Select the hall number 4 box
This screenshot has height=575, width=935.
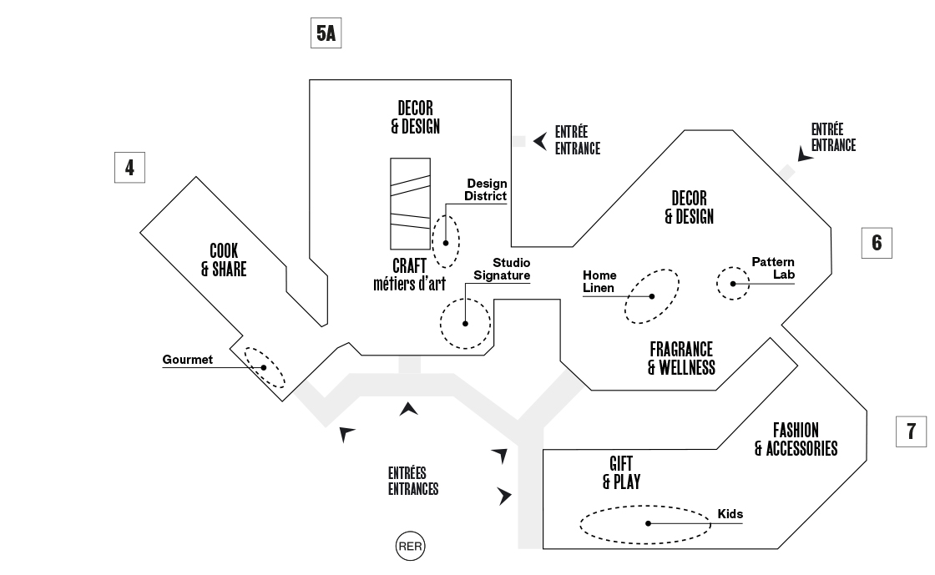[x=129, y=167]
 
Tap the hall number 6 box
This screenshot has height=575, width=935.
[x=877, y=243]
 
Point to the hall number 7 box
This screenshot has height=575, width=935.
[x=911, y=431]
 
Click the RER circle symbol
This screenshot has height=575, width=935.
[x=410, y=547]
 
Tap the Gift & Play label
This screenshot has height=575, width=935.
[x=621, y=472]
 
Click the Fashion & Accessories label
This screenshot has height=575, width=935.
[x=796, y=440]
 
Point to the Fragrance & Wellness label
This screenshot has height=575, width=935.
[x=681, y=358]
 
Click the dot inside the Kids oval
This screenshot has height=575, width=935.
[x=648, y=523]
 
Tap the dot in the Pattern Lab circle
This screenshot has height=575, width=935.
[x=734, y=284]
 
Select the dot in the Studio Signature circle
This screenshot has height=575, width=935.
[x=466, y=324]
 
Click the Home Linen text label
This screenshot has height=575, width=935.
[x=599, y=281]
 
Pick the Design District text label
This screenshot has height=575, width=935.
[x=487, y=189]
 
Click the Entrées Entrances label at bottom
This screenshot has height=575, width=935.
[x=412, y=482]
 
